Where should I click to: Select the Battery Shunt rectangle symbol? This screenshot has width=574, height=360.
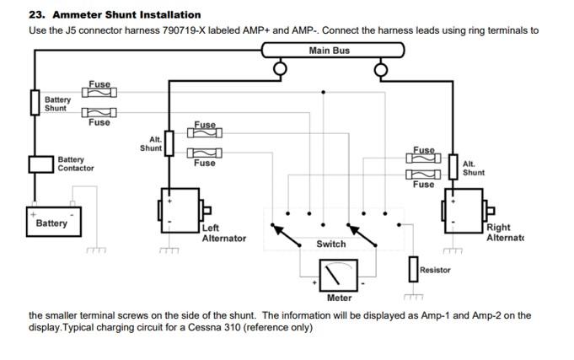(35, 103)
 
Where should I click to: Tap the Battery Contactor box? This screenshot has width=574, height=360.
(41, 164)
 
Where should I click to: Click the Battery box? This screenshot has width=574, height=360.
(54, 222)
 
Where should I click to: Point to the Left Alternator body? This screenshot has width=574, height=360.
(180, 211)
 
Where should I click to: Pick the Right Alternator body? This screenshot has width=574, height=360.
(464, 211)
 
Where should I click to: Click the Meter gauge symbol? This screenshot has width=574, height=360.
(338, 276)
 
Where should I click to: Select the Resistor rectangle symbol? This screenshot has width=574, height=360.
(413, 269)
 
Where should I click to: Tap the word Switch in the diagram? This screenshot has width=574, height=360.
(331, 244)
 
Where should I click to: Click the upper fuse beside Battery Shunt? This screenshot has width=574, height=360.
(99, 92)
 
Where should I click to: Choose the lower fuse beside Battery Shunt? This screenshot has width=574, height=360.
(99, 112)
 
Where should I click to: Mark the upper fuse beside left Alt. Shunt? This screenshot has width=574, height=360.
(205, 132)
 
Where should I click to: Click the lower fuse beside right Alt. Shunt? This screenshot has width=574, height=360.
(423, 175)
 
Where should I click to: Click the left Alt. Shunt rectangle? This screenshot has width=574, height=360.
(169, 143)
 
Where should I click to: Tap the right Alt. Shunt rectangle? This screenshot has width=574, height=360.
(453, 167)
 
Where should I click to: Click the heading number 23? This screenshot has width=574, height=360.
(36, 14)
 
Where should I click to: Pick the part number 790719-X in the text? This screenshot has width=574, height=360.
(184, 30)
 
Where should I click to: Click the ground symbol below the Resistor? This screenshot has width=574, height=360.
(413, 297)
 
